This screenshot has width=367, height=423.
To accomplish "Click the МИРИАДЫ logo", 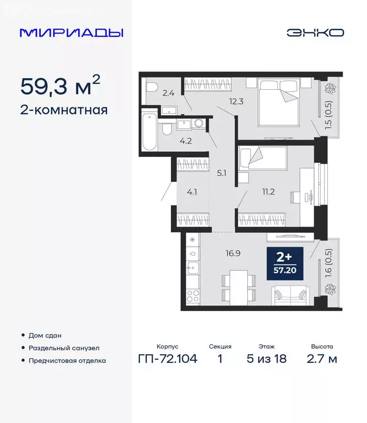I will [x=72, y=32].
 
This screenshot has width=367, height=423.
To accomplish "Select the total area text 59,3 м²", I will [x=61, y=86].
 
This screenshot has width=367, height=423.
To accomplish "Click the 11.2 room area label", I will [x=268, y=191].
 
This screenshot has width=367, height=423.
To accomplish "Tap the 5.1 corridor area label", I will [x=222, y=172].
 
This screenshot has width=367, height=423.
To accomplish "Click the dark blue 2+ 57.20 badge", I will [x=284, y=264].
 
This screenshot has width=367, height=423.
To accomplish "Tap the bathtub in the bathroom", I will [x=150, y=132].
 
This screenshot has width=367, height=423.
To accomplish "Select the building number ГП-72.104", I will [x=167, y=360].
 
